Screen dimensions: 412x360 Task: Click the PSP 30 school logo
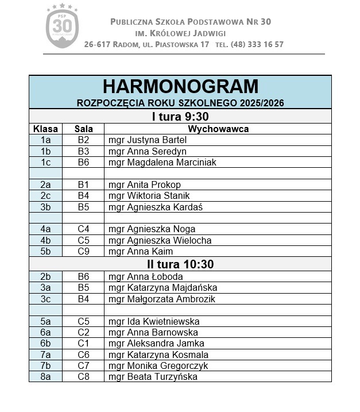[x=62, y=26]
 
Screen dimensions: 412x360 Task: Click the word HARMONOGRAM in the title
[x=180, y=87]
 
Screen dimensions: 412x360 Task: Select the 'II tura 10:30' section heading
[x=180, y=264]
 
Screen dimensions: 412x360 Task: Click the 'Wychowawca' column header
[x=218, y=129]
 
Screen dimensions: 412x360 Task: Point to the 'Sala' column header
[x=84, y=129]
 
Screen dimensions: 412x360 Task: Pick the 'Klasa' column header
[x=45, y=129]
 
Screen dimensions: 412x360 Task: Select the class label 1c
[x=46, y=162]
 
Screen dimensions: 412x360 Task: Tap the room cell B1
[x=84, y=184]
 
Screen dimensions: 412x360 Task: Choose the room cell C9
[x=84, y=251]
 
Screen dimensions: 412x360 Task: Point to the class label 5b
[x=46, y=251]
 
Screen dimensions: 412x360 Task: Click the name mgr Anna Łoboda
[x=146, y=276]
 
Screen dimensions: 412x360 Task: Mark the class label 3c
[x=46, y=299]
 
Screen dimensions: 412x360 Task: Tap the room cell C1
[x=84, y=344]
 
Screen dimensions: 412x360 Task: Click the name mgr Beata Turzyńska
[x=153, y=377]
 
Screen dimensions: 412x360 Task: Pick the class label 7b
[x=46, y=365]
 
